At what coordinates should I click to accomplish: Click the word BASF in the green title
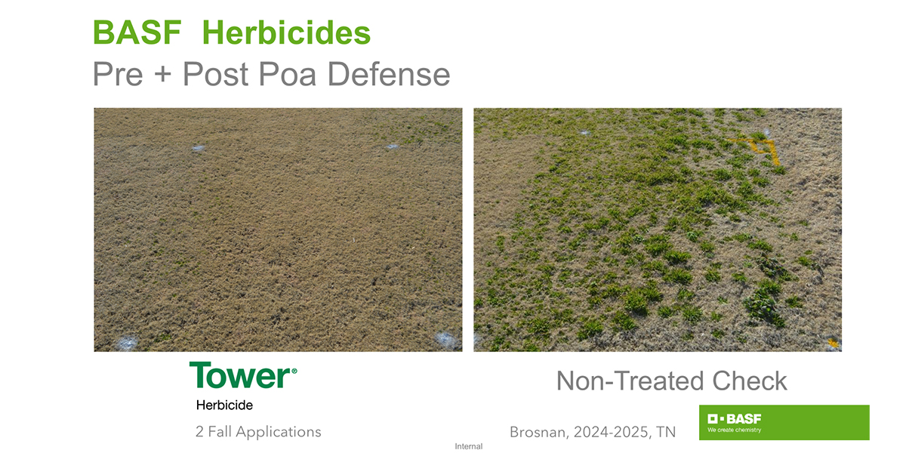coord(137,32)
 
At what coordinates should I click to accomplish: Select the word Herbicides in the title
coord(286,32)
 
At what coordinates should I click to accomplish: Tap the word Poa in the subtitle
coord(287,74)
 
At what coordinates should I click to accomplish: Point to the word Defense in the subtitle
coord(389,74)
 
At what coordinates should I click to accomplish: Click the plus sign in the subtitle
coord(162,75)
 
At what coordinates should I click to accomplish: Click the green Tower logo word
coord(239,375)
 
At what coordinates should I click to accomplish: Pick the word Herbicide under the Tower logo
coord(224,405)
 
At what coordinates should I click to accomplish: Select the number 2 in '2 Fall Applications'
coord(199,432)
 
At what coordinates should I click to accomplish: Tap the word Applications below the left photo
coord(279,433)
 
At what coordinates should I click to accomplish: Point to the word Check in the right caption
coord(750,381)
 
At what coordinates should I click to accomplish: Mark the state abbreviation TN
coord(666,433)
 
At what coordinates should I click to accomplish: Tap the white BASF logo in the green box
coord(734,418)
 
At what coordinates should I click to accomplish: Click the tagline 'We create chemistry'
coord(734,430)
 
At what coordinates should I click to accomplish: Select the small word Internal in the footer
coord(468,446)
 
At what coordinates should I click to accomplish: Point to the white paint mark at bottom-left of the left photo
coord(127,343)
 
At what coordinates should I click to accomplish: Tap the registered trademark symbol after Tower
coord(294,371)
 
